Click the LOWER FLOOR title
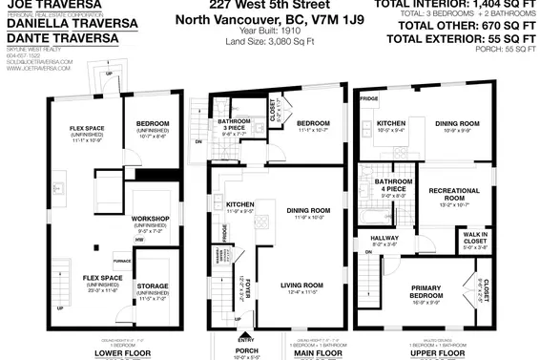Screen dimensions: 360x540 coord(122,352)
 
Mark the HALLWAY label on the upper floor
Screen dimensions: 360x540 coord(384,239)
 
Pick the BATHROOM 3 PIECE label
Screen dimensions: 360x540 coord(234,123)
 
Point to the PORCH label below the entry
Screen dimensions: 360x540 coord(245,352)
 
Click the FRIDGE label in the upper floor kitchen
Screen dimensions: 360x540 coord(369,99)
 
